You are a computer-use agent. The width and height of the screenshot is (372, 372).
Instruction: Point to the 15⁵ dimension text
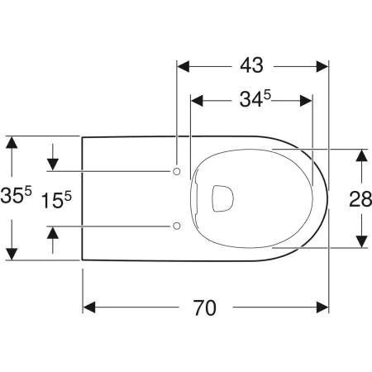coord(55,198)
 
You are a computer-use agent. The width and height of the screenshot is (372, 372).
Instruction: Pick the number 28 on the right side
coord(360,198)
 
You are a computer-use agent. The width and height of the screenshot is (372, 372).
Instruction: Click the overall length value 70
coord(205,308)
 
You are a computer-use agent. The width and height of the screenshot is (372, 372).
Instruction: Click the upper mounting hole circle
coord(177,170)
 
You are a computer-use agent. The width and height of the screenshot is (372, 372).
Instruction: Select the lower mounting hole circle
coord(177,226)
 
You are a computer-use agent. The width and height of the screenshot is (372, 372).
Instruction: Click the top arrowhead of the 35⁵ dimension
coord(11,142)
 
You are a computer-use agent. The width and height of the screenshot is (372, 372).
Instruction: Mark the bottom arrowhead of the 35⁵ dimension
coord(11,253)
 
